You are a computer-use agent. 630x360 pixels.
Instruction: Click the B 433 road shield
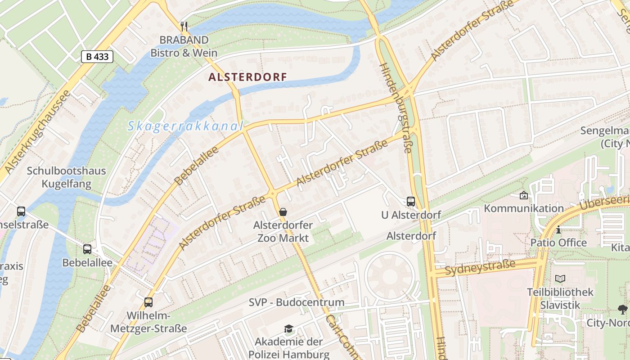[97, 57]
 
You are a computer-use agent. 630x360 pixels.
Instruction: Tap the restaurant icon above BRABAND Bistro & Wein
[184, 26]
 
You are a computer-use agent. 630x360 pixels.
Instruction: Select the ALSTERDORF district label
[247, 77]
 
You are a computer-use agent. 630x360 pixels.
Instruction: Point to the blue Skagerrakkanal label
[185, 126]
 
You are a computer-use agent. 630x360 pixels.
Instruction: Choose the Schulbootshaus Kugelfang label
[66, 177]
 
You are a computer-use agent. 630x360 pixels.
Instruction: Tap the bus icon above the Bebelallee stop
[87, 249]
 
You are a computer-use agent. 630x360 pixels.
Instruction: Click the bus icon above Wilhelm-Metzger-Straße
[148, 302]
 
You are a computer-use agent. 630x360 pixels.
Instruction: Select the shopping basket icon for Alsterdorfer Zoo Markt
[283, 211]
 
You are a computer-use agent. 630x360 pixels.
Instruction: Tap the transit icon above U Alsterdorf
[411, 201]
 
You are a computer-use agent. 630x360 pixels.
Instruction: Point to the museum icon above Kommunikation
[523, 195]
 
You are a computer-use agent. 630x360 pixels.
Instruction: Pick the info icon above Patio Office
[558, 230]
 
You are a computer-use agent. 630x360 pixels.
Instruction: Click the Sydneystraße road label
[480, 268]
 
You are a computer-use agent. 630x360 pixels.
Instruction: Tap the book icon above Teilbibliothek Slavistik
[560, 279]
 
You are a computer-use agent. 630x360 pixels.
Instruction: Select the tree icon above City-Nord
[623, 309]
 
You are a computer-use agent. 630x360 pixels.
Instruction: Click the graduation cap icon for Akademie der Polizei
[288, 329]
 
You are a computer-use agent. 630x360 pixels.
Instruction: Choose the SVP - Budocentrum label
[297, 302]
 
